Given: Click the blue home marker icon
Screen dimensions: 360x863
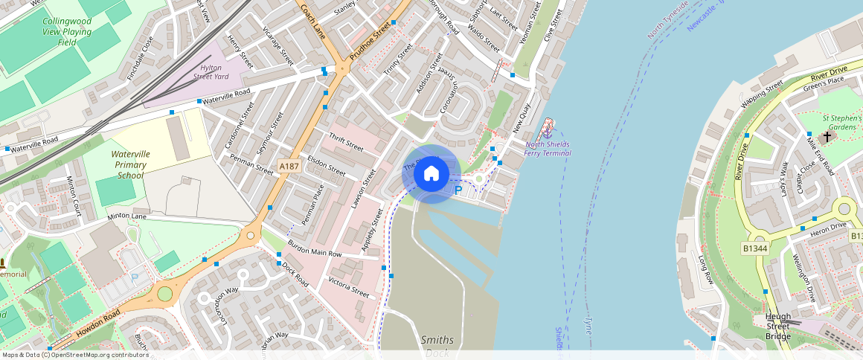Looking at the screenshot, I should [x=431, y=174].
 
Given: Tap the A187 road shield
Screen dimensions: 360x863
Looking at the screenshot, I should [x=289, y=166].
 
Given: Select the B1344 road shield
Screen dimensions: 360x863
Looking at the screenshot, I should [x=754, y=248].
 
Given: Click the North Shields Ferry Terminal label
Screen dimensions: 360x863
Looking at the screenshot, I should [x=548, y=149].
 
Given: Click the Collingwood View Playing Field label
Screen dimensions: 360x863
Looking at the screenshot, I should [x=67, y=32].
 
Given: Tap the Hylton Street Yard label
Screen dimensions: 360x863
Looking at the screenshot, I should [x=211, y=71].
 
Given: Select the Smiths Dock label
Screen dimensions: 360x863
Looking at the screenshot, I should [x=437, y=346].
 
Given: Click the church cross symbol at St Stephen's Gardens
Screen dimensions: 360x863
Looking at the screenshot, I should [x=827, y=137].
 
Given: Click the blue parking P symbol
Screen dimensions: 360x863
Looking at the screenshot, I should [x=458, y=190].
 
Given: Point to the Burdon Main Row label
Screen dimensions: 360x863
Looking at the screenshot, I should [x=313, y=248].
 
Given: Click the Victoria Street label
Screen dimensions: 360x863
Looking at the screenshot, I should [x=348, y=287].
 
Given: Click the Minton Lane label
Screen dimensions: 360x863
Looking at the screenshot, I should [x=127, y=216].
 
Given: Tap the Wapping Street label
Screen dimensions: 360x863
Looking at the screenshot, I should [x=762, y=94].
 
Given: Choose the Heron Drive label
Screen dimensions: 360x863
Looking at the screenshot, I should [x=829, y=225].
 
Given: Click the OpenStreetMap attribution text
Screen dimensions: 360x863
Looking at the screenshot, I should [x=76, y=355].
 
